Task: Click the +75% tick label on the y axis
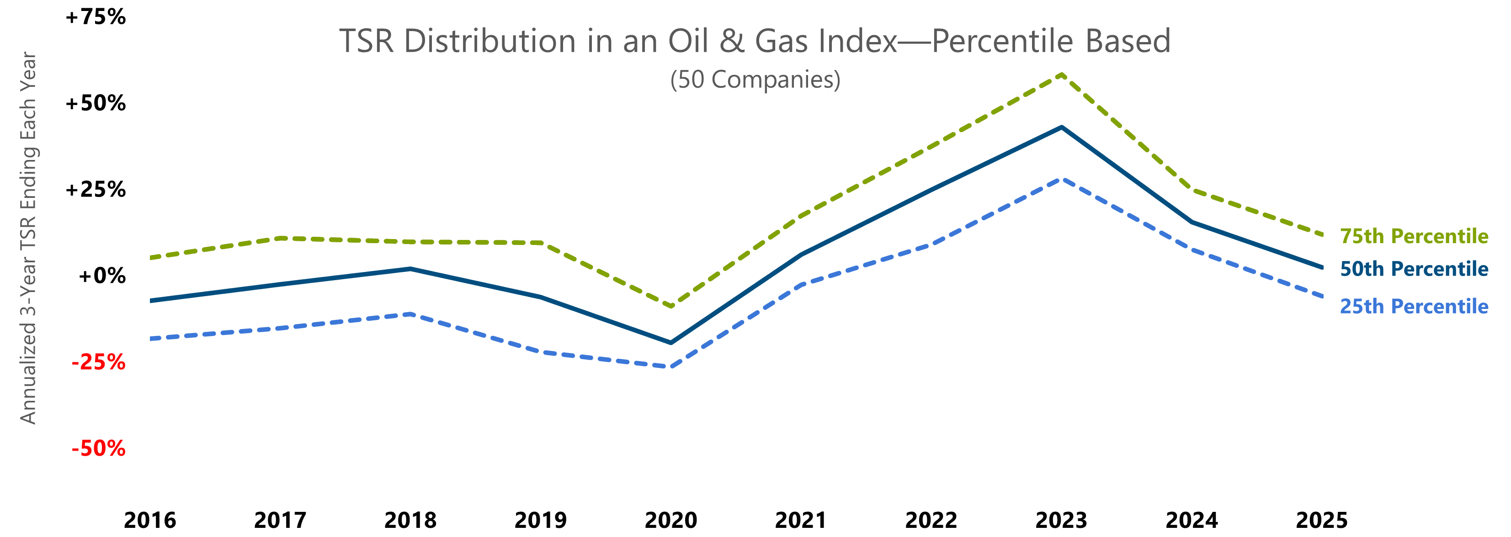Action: [96, 17]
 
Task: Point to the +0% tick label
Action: [101, 276]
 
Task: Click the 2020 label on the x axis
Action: [670, 520]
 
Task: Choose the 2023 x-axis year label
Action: [1061, 520]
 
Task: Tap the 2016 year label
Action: [149, 520]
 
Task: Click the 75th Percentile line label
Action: [1414, 236]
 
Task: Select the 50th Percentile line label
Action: [1414, 269]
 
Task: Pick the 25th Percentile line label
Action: [1414, 307]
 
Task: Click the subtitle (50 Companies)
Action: [755, 80]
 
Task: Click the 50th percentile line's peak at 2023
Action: [1061, 127]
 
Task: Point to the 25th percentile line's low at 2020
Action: [670, 367]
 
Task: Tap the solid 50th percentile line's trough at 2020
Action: [670, 342]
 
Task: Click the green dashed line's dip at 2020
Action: [670, 306]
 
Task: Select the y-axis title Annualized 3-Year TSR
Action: [28, 238]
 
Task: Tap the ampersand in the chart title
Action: [732, 42]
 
